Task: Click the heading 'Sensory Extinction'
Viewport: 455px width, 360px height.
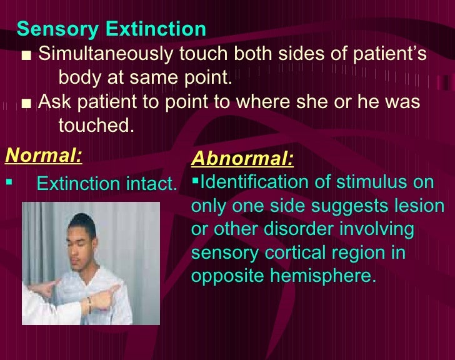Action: (x=111, y=29)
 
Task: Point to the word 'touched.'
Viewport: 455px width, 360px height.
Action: (x=96, y=126)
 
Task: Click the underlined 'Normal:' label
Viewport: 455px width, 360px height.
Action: (x=43, y=154)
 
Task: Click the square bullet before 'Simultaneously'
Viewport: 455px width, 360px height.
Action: (x=26, y=56)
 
